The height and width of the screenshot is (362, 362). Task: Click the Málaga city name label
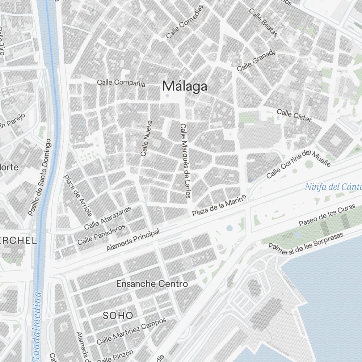pyautogui.click(x=185, y=86)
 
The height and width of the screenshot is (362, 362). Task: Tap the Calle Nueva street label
pyautogui.click(x=147, y=138)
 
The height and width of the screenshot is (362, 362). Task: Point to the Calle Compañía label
pyautogui.click(x=121, y=83)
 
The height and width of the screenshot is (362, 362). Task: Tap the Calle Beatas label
pyautogui.click(x=264, y=22)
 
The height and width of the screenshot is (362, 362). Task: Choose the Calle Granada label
pyautogui.click(x=256, y=61)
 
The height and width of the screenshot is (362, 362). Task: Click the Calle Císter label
pyautogui.click(x=294, y=115)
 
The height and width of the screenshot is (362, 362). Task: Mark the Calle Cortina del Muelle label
pyautogui.click(x=298, y=164)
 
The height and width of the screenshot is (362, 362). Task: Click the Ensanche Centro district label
pyautogui.click(x=152, y=284)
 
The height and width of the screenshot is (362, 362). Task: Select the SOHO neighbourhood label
pyautogui.click(x=118, y=315)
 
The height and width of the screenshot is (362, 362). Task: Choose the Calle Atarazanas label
pyautogui.click(x=108, y=219)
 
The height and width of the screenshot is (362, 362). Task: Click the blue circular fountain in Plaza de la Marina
pyautogui.click(x=230, y=228)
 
